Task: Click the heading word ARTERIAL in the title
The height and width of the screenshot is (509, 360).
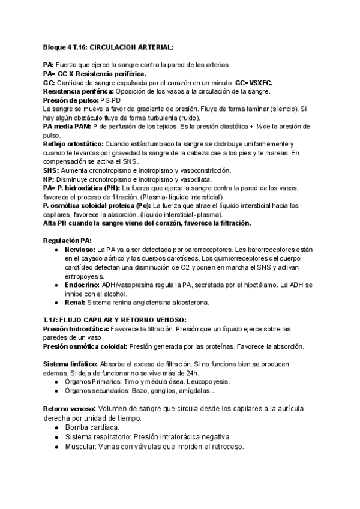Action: pos(155,47)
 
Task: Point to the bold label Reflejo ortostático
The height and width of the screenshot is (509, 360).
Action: pos(73,144)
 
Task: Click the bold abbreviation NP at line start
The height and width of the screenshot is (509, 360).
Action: pos(48,179)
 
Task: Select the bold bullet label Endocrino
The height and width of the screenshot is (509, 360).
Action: pos(82,284)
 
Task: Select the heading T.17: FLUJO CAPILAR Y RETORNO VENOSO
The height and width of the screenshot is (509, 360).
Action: pos(115,319)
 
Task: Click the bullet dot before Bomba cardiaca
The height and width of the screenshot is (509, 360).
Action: pos(56,427)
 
